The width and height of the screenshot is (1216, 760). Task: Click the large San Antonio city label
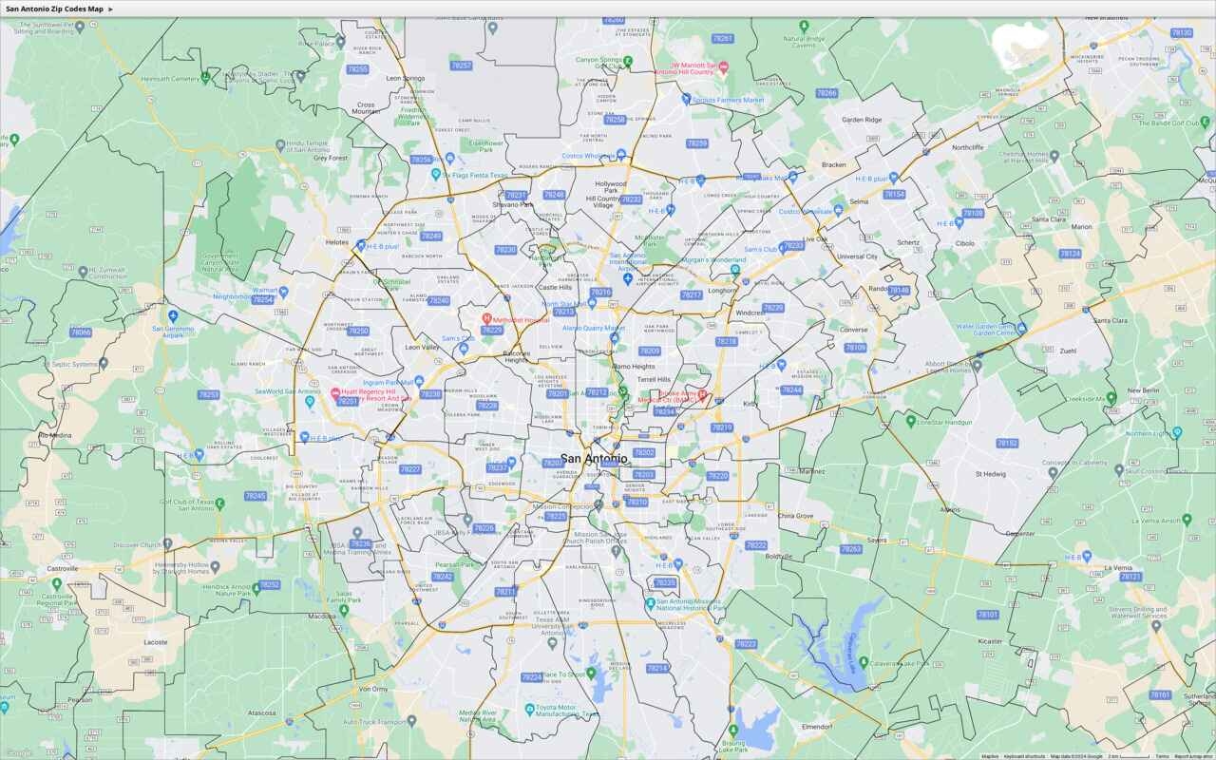pyautogui.click(x=594, y=459)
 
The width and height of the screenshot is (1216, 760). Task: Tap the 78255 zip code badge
pyautogui.click(x=357, y=69)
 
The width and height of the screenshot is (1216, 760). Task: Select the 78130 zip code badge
pyautogui.click(x=1181, y=32)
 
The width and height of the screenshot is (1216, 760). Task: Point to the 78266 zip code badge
pyautogui.click(x=826, y=93)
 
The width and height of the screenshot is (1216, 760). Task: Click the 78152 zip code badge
pyautogui.click(x=1007, y=443)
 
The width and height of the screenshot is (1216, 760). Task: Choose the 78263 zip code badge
pyautogui.click(x=850, y=549)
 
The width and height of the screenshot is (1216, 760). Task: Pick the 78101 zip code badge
pyautogui.click(x=988, y=615)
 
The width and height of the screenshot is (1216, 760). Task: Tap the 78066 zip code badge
pyautogui.click(x=81, y=332)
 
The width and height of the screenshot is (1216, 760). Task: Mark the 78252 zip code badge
pyautogui.click(x=270, y=585)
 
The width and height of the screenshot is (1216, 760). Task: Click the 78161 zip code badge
pyautogui.click(x=1160, y=694)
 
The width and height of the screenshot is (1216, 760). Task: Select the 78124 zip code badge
pyautogui.click(x=1070, y=254)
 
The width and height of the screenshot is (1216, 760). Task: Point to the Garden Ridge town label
pyautogui.click(x=861, y=120)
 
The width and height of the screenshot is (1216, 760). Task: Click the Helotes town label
pyautogui.click(x=337, y=242)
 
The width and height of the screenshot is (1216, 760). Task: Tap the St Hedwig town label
pyautogui.click(x=990, y=473)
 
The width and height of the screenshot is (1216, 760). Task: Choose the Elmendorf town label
pyautogui.click(x=817, y=726)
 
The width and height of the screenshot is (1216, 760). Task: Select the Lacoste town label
pyautogui.click(x=155, y=642)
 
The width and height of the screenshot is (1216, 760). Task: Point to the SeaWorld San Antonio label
pyautogui.click(x=289, y=391)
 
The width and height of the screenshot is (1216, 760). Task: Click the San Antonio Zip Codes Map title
pyautogui.click(x=54, y=9)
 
